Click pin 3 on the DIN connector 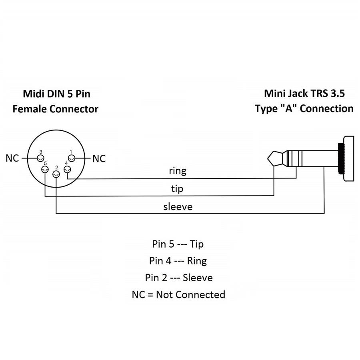click(40, 158)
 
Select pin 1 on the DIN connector click(72, 158)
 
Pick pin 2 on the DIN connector click(56, 174)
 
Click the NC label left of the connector click(12, 158)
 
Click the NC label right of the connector click(99, 159)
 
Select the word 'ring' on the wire click(178, 171)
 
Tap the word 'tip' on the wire click(177, 188)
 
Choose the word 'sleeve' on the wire click(178, 207)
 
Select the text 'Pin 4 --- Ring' click(178, 261)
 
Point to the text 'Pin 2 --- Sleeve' click(178, 278)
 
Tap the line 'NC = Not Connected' click(178, 295)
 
